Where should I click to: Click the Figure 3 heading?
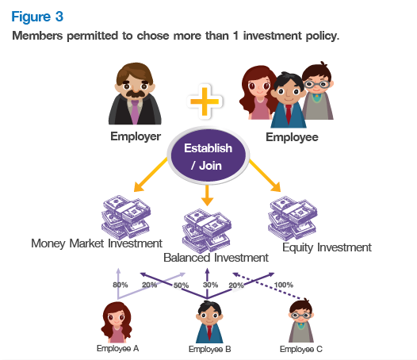(x=37, y=17)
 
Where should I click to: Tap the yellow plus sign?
(x=205, y=101)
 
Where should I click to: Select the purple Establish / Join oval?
(x=208, y=156)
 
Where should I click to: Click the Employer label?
(x=136, y=136)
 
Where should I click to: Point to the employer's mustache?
(x=135, y=94)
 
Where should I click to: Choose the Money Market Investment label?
(x=97, y=243)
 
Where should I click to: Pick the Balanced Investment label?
(x=216, y=258)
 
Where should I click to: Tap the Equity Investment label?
(x=327, y=247)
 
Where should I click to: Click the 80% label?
(x=121, y=285)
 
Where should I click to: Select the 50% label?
(x=181, y=285)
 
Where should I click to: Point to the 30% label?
(x=210, y=285)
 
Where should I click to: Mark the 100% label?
(x=284, y=285)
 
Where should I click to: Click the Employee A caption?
(x=118, y=348)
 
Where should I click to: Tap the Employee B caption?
(x=209, y=349)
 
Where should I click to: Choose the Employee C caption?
(x=301, y=349)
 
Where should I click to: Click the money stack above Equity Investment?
(x=293, y=219)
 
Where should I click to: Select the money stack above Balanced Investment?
(x=207, y=231)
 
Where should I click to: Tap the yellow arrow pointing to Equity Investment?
(x=265, y=175)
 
